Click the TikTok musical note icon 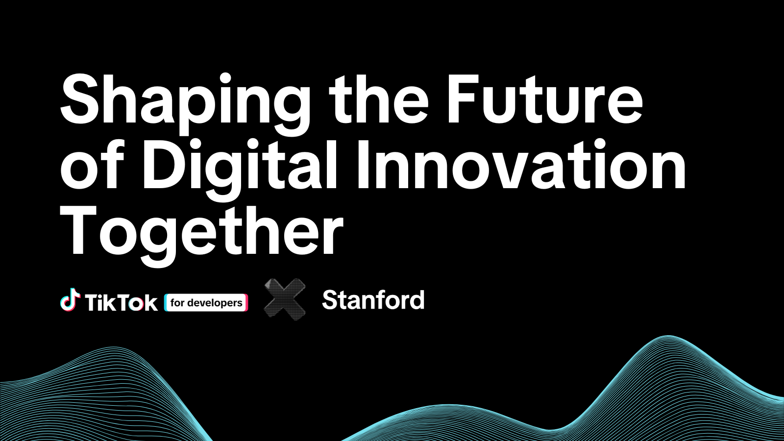70,299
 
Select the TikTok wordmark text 121,302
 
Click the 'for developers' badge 206,303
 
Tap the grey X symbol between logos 285,299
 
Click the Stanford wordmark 373,299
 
